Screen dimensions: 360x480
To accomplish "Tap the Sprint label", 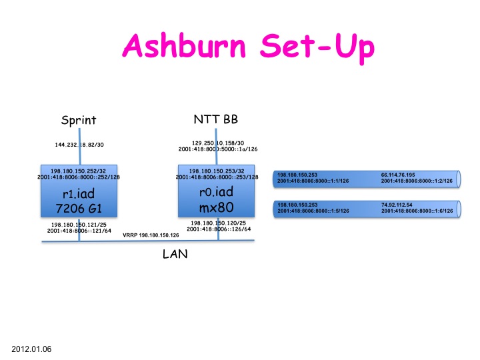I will coord(79,121).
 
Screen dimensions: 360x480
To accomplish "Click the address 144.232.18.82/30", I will coord(79,145).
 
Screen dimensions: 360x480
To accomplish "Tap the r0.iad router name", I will coord(217,194).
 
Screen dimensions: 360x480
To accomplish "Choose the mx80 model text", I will coord(217,207).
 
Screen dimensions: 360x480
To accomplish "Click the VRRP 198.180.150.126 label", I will coord(151,235).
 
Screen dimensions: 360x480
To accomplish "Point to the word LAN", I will coord(175,253).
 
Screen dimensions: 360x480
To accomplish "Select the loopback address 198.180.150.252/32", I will coord(79,171).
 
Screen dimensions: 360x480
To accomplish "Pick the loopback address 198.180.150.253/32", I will coord(217,171).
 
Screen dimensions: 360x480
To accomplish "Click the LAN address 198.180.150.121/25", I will coord(79,224).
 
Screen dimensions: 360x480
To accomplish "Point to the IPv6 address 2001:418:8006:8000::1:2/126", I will coord(417,181).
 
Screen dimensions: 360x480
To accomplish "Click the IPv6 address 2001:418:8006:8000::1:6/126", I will coord(417,211).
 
